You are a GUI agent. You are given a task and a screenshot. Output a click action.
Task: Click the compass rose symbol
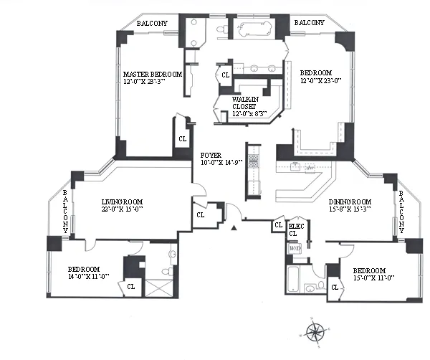314,331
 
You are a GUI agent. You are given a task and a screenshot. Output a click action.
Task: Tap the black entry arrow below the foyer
233,227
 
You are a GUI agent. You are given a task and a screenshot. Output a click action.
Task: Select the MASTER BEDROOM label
152,74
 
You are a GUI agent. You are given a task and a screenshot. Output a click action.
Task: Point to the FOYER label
211,155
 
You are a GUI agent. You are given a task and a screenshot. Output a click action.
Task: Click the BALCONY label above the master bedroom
153,23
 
